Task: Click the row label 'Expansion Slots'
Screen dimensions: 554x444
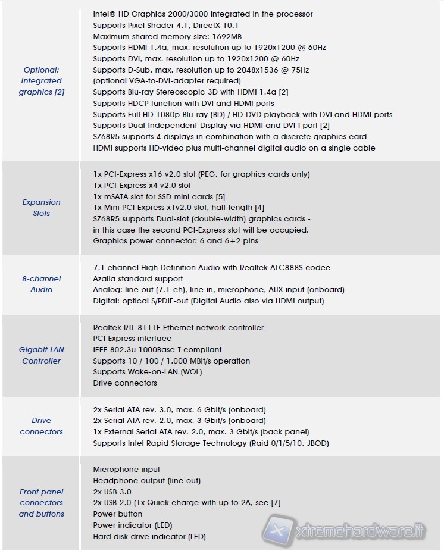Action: (x=42, y=208)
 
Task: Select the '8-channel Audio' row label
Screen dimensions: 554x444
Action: (x=42, y=284)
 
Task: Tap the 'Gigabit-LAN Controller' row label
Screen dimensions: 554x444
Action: (x=42, y=355)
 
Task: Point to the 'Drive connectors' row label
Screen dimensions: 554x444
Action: (x=42, y=426)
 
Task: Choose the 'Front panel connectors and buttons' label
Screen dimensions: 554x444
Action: (x=42, y=503)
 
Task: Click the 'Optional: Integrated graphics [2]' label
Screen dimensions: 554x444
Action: (x=42, y=81)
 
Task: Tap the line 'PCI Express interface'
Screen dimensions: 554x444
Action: (x=132, y=338)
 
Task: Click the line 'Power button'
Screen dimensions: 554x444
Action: (x=118, y=514)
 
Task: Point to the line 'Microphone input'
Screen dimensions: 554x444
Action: (x=127, y=470)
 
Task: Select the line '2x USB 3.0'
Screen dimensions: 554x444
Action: (x=112, y=492)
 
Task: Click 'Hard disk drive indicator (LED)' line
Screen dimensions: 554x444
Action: (x=149, y=536)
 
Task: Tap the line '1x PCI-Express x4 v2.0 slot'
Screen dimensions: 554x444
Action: (x=142, y=186)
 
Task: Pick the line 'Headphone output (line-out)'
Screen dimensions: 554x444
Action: (x=147, y=480)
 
